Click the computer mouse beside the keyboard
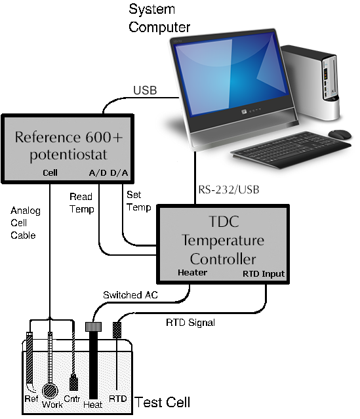340,134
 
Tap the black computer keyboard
290,150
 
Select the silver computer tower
311,81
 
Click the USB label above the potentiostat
145,90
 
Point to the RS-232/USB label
229,190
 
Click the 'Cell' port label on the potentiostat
50,172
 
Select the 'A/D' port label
98,172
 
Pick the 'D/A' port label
119,172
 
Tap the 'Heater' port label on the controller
192,273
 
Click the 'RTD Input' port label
264,274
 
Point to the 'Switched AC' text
130,295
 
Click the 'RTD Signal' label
190,323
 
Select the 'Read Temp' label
81,203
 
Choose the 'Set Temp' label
139,201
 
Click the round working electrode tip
50,391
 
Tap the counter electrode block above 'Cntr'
73,382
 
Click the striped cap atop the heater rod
93,327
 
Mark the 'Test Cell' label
162,402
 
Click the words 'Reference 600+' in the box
69,137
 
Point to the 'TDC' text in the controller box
224,222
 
